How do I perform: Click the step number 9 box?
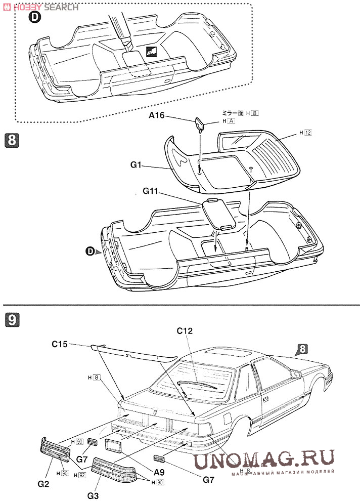[12, 319]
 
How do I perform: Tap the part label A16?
[156, 116]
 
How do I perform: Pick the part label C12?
[185, 331]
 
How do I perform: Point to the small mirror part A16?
[199, 123]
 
